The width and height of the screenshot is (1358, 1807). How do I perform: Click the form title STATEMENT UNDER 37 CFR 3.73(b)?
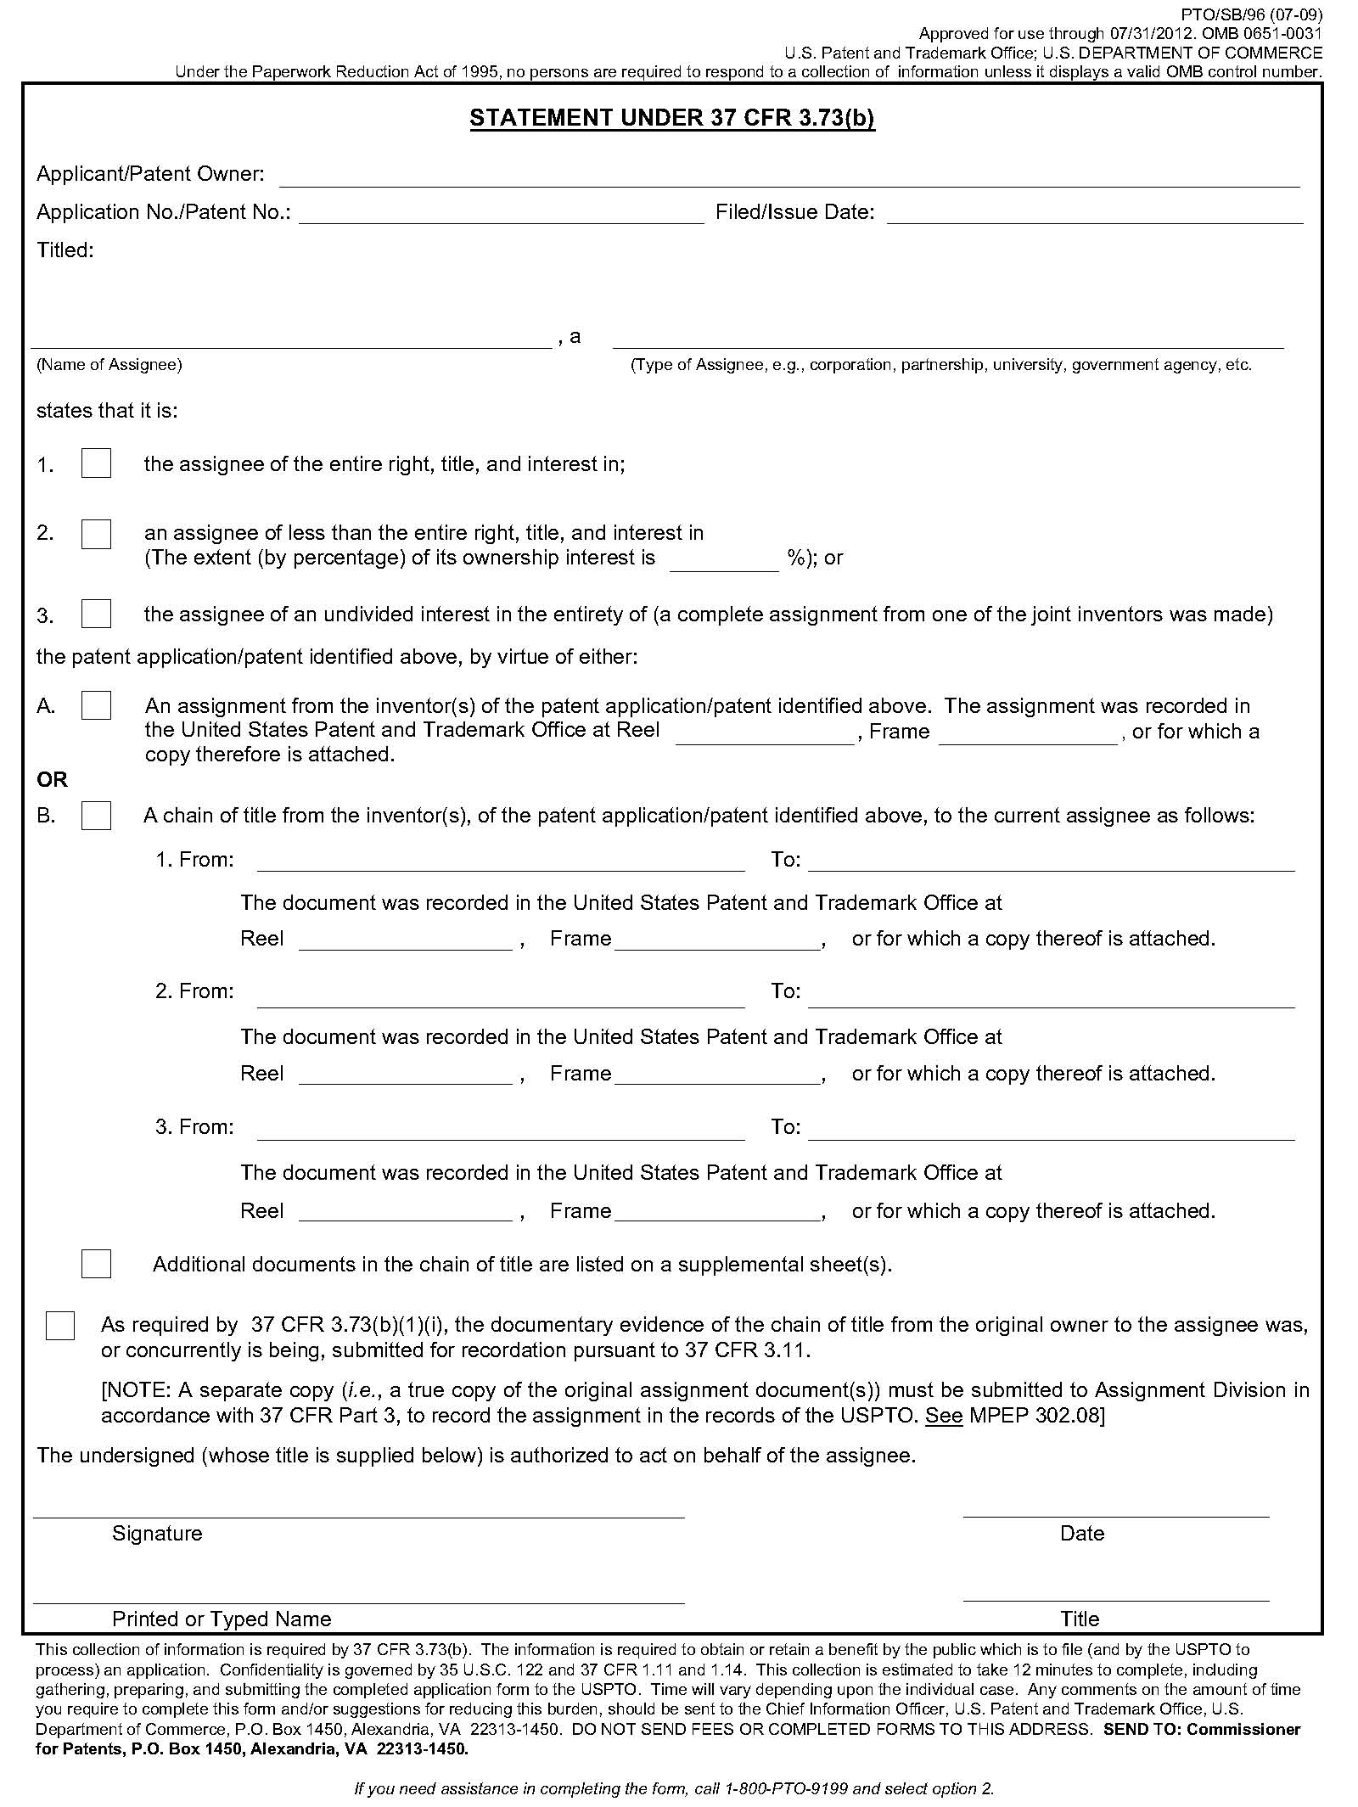point(671,118)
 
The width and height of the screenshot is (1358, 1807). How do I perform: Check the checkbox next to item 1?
point(96,463)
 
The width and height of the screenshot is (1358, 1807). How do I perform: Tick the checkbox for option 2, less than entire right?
point(96,534)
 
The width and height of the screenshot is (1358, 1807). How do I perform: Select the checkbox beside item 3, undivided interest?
point(96,614)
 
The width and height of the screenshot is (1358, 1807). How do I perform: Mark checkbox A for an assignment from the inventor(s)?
point(96,705)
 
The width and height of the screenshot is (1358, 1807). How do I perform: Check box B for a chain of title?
point(96,816)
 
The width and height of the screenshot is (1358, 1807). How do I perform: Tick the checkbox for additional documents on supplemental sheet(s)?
point(96,1264)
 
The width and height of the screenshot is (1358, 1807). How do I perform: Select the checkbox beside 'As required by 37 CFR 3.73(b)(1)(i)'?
point(60,1326)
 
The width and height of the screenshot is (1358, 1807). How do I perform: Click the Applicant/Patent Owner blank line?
point(789,178)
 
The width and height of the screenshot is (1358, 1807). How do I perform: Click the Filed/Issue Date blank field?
point(1095,216)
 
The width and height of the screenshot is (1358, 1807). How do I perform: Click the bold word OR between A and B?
point(52,779)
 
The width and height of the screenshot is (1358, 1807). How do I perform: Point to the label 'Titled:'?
point(65,250)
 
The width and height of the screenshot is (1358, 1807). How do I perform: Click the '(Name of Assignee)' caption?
point(109,365)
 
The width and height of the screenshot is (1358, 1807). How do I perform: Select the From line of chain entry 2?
point(501,999)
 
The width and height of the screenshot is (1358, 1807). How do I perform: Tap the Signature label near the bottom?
point(157,1534)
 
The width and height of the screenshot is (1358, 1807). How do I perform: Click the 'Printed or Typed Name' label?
point(222,1619)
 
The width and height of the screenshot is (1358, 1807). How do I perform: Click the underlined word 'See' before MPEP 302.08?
point(943,1415)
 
